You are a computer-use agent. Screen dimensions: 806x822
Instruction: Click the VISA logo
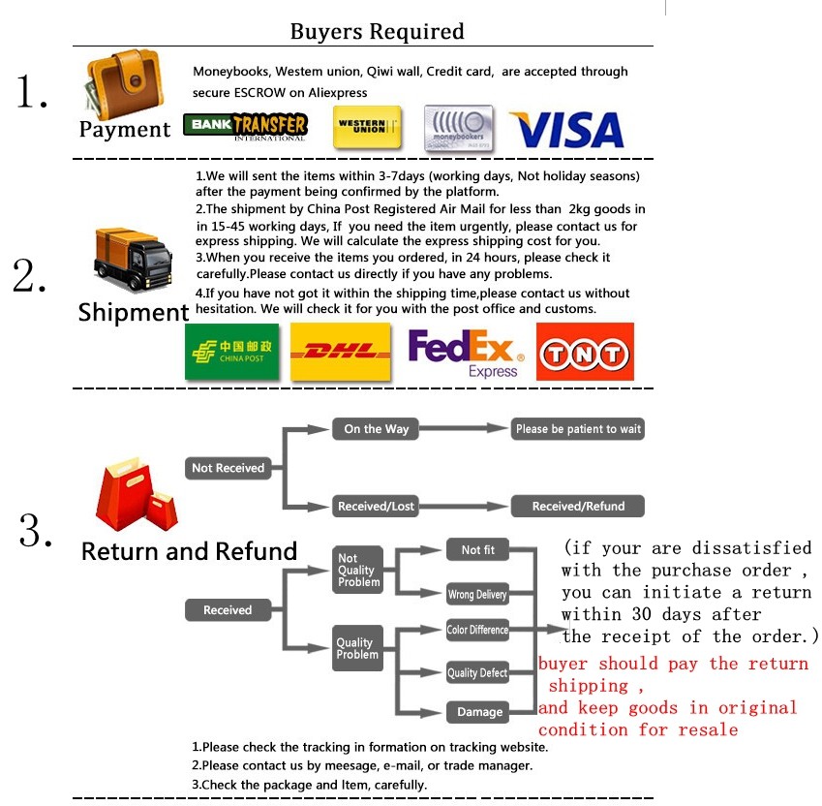pos(566,130)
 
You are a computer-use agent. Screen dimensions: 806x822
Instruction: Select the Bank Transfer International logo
pos(245,126)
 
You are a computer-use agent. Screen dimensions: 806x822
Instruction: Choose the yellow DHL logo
pos(342,351)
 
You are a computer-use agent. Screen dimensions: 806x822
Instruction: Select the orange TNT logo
pos(585,351)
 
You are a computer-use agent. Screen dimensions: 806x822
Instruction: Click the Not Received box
pos(228,468)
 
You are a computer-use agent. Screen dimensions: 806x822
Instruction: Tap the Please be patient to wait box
pos(578,429)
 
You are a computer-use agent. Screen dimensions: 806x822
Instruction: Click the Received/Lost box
pos(376,506)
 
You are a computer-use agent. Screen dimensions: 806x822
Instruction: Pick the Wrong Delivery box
pos(477,594)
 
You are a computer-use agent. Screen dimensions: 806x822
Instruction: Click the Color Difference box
pos(477,630)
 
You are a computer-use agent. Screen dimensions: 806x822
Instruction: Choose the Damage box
pos(479,712)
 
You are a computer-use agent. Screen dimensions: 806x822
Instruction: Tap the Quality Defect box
pos(477,672)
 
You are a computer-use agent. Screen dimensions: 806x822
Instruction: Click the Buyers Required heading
pos(377,31)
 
